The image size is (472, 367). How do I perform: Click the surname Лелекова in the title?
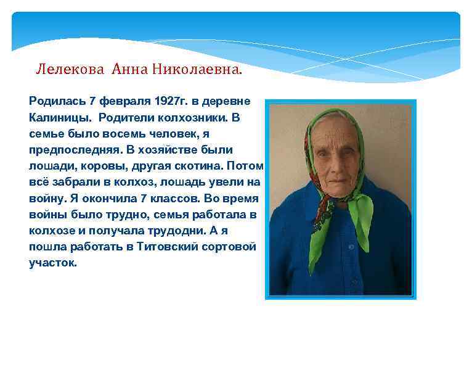71,68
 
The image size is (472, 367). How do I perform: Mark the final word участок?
54,263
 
